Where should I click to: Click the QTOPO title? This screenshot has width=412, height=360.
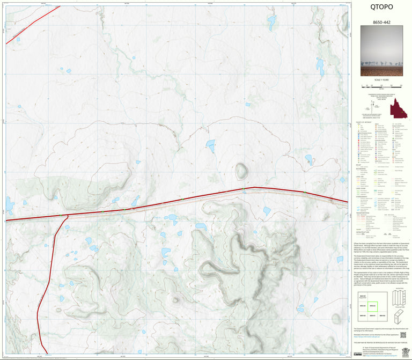381,8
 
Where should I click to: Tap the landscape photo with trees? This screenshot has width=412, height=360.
381,54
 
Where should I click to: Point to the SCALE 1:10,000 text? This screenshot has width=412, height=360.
381,80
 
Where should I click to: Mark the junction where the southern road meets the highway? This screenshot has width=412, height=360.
67,216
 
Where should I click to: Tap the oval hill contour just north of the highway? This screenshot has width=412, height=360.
242,171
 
